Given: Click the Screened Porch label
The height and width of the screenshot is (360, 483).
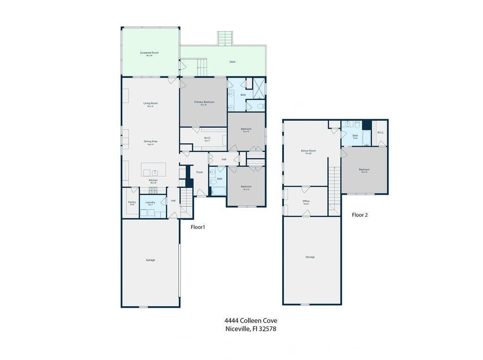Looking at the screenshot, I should [x=149, y=53].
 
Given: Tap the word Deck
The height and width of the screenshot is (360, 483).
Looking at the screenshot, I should [x=232, y=62].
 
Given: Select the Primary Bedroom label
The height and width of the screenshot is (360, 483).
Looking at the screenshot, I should [x=204, y=102].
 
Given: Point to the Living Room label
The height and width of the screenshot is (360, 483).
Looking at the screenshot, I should [x=150, y=103].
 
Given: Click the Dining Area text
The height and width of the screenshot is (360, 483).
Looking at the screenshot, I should [x=150, y=141].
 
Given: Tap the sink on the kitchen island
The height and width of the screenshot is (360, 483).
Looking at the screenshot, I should [x=154, y=172].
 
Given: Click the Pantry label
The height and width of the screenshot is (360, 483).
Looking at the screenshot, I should [x=132, y=202].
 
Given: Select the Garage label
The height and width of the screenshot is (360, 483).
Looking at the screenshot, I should [x=150, y=260].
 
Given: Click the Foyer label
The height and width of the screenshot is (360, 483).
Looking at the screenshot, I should [x=200, y=172].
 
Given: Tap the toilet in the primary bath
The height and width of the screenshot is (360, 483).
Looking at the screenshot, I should [x=260, y=107].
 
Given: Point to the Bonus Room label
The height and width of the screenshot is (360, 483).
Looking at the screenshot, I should [x=308, y=151].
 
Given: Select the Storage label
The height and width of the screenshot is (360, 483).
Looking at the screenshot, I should [x=310, y=257].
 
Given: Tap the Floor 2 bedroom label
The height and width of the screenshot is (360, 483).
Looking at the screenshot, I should [x=364, y=169].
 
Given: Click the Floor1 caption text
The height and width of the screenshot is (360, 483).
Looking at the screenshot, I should [x=198, y=227].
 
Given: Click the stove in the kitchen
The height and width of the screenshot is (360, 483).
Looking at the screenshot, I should [x=153, y=190].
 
